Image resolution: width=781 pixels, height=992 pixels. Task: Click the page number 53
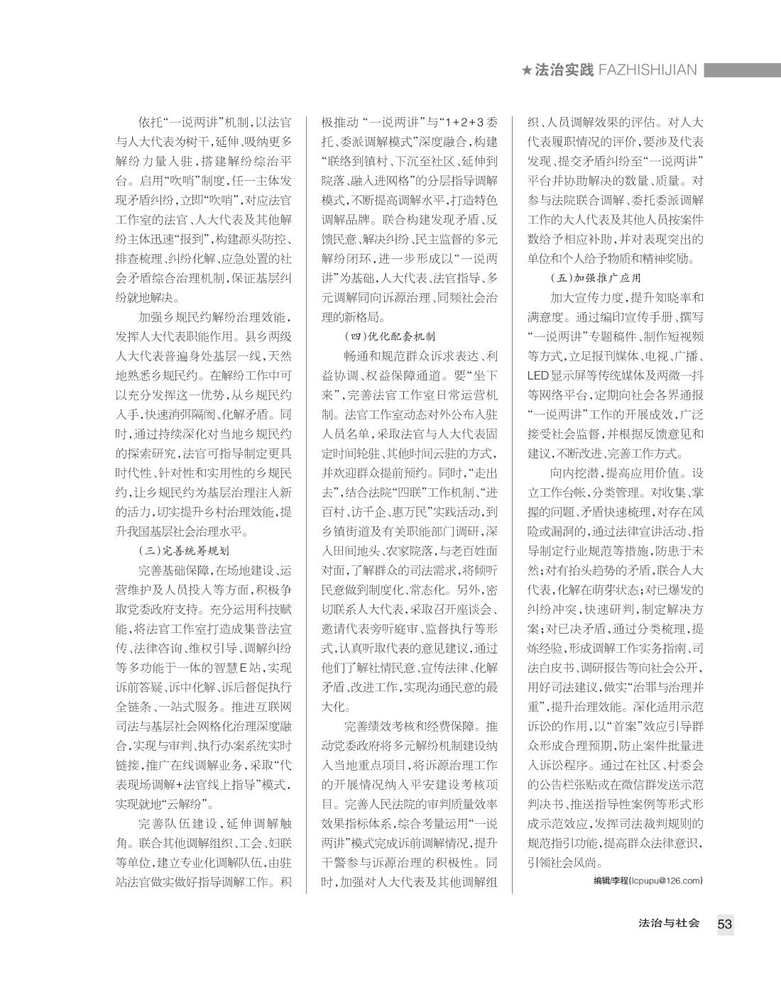click(x=724, y=924)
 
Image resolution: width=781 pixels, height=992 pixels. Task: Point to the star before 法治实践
click(x=526, y=70)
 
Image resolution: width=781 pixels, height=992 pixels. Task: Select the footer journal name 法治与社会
click(x=669, y=923)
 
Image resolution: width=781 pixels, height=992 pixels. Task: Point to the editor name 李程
click(x=618, y=881)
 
